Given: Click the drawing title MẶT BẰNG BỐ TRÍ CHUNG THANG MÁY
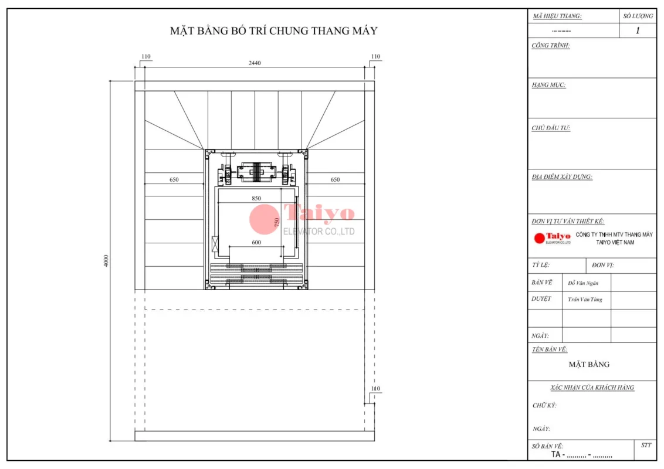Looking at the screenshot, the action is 273,30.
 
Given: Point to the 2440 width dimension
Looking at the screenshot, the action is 255,63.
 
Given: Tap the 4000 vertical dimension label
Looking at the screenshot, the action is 106,261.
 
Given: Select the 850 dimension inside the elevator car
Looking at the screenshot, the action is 256,198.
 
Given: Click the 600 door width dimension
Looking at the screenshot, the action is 256,243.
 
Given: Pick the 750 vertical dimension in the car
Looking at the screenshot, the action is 276,222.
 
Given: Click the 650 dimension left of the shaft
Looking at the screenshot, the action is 174,179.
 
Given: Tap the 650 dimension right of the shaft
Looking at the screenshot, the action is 335,179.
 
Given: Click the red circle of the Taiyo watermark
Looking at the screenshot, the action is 264,219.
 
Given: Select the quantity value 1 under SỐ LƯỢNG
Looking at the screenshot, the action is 638,30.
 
